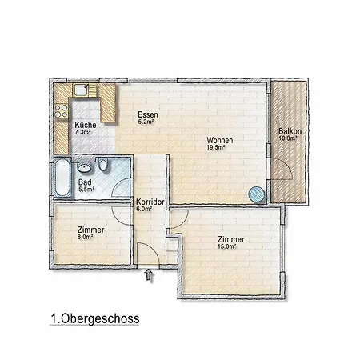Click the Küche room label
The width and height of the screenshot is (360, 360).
pos(86,126)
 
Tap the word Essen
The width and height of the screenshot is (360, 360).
pos(147,114)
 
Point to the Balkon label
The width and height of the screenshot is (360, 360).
pos(288,130)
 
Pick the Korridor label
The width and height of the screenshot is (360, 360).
pos(150,202)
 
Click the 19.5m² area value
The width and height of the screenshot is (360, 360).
pos(214,148)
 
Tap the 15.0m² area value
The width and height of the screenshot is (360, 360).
pos(230,247)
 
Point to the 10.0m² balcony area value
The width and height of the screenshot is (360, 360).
pos(288,138)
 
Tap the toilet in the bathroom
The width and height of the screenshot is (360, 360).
pos(102,166)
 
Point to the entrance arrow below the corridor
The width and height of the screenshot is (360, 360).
pos(148,276)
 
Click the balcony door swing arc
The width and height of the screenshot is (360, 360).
pos(279,169)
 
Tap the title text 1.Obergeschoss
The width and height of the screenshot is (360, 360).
pos(93,318)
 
